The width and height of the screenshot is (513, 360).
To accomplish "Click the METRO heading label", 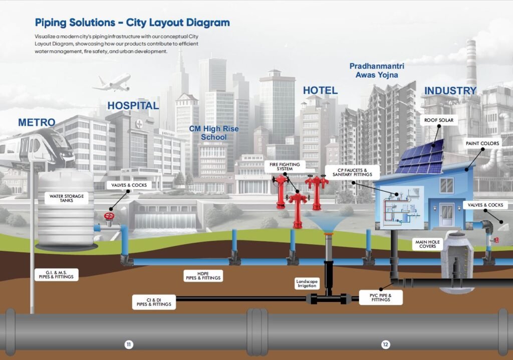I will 37,123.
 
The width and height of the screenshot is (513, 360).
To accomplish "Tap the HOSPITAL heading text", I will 133,106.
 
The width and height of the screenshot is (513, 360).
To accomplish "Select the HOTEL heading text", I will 320,91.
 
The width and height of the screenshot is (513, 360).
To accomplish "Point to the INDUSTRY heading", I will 450,91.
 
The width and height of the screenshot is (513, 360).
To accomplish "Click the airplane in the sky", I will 112,83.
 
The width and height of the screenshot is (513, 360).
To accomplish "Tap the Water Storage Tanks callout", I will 67,198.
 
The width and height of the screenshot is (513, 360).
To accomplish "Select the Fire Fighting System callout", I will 285,167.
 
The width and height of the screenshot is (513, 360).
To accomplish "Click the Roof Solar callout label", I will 438,120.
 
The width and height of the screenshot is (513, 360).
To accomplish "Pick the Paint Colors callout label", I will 482,144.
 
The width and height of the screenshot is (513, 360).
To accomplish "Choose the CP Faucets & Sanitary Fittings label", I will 352,172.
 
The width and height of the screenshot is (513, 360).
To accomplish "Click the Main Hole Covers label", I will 427,244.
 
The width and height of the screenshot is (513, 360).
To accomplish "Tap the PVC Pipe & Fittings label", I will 381,297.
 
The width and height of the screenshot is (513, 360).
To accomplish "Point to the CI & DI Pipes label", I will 154,302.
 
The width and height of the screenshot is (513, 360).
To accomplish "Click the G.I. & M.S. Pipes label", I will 57,274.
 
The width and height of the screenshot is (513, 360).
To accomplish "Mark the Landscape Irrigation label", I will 307,283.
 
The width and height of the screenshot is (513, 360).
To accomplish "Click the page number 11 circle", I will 129,344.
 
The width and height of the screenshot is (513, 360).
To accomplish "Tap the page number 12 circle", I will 385,344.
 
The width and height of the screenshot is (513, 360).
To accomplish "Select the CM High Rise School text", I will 214,133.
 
